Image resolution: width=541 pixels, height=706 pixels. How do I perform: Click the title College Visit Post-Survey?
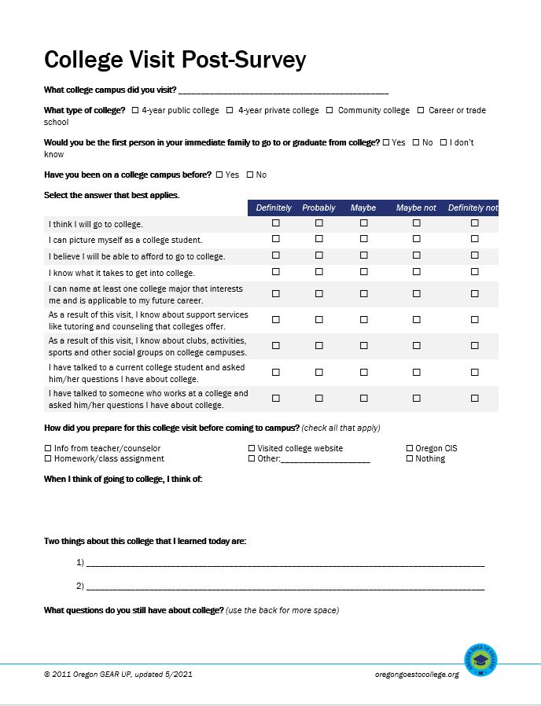pos(175,60)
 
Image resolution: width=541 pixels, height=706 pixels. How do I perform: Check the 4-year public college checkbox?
pos(135,111)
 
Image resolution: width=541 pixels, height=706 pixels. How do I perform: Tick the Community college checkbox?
pos(329,111)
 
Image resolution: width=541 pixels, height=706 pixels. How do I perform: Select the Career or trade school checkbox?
pos(421,111)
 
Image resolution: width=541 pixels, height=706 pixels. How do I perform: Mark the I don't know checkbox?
pos(443,142)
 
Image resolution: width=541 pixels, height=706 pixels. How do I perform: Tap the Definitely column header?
pos(274,208)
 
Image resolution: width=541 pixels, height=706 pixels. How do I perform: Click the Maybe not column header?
pos(416,208)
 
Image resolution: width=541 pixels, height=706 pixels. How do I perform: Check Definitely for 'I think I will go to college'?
pos(275,223)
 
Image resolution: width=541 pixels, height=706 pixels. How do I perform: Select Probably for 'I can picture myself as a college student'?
pos(319,240)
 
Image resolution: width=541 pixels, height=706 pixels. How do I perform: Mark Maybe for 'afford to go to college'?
pos(364,256)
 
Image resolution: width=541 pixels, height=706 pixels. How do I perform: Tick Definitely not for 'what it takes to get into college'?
pos(475,272)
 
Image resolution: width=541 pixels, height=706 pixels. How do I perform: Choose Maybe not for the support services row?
pos(417,320)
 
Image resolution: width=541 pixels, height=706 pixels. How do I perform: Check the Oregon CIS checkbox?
pos(409,448)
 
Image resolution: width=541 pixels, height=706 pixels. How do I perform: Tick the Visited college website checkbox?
pos(252,448)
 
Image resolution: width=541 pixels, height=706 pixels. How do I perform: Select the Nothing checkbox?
pos(409,458)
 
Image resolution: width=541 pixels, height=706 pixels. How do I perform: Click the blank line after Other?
pos(325,459)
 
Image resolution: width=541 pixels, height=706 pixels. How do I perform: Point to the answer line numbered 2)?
pos(285,586)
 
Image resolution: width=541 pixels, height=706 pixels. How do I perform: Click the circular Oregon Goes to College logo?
pos(480,660)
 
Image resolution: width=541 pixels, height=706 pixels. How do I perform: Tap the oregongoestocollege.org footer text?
pos(417,675)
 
